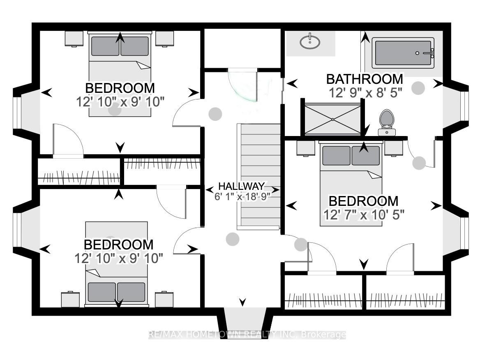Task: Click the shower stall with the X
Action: click(333, 119)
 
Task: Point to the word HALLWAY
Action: click(242, 186)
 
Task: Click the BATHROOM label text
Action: click(365, 79)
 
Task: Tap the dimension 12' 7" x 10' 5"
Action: click(364, 215)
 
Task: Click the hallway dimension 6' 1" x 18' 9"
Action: click(242, 196)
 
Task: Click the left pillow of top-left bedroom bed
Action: click(105, 46)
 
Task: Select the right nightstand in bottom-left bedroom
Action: click(164, 300)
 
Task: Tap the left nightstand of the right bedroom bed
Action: click(306, 148)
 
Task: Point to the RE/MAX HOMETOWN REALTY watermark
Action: click(247, 335)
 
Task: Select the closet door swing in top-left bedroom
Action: click(68, 139)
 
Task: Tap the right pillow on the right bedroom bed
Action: click(366, 155)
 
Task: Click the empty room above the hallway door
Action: click(242, 48)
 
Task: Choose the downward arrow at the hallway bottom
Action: click(242, 302)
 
